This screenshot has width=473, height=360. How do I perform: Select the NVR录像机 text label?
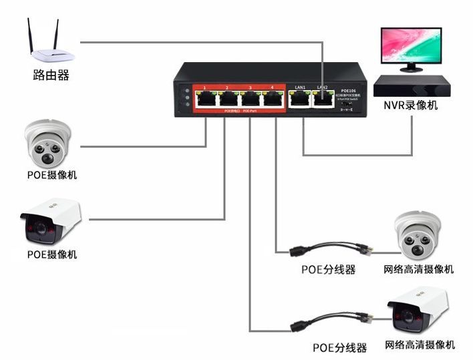point(410,105)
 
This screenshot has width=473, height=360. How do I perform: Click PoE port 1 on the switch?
point(205,100)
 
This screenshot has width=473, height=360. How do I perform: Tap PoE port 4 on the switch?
point(272,100)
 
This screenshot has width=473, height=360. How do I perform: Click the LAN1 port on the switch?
point(301,100)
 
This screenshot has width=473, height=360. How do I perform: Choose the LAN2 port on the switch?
point(323,100)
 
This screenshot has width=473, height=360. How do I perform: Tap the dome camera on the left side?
point(47,144)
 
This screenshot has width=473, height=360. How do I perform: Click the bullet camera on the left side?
point(50,220)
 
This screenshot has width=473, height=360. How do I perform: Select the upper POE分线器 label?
point(328,270)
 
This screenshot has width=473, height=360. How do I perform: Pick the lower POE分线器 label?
point(340,348)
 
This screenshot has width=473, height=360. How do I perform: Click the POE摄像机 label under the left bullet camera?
point(52,254)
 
